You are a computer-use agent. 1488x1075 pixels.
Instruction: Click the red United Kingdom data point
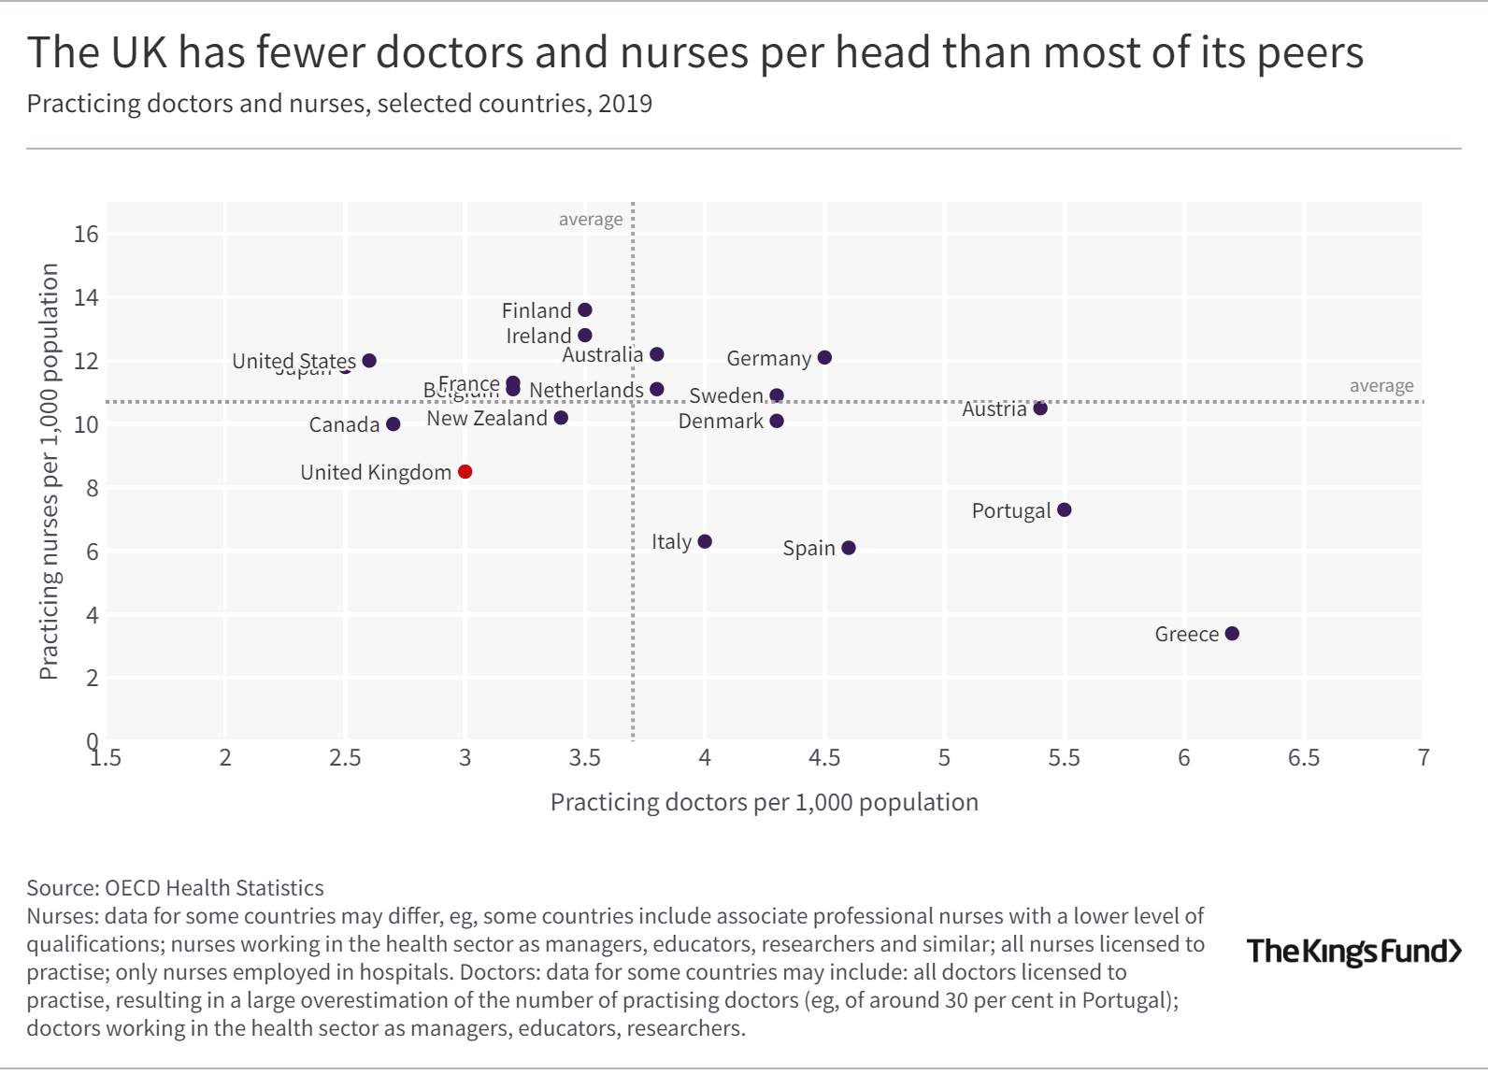(465, 472)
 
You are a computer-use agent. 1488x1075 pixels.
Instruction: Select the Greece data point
(1232, 634)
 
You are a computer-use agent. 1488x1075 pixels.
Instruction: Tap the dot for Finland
(585, 310)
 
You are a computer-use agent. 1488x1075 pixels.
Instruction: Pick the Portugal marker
(1064, 510)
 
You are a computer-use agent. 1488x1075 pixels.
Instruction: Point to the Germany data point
(824, 358)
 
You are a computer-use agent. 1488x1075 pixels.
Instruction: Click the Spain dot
(849, 548)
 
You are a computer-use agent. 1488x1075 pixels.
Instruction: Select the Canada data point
(393, 424)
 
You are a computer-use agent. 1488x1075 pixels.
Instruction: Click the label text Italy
(671, 542)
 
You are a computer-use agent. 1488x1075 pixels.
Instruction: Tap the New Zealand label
(487, 419)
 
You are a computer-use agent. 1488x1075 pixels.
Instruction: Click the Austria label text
(994, 409)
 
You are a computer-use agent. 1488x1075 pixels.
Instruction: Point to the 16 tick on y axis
(86, 235)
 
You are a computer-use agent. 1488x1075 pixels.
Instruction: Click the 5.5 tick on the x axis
(1064, 758)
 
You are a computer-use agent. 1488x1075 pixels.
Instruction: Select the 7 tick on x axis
(1423, 758)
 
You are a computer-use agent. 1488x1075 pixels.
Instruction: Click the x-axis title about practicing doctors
(764, 802)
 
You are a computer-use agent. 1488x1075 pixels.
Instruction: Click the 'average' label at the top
(590, 220)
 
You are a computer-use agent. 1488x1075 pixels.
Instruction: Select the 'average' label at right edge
(1381, 386)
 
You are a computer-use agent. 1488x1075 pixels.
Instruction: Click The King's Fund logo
(1353, 952)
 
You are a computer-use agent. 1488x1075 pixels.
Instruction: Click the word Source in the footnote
(62, 888)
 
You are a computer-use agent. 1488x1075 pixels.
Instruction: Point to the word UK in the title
(139, 53)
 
